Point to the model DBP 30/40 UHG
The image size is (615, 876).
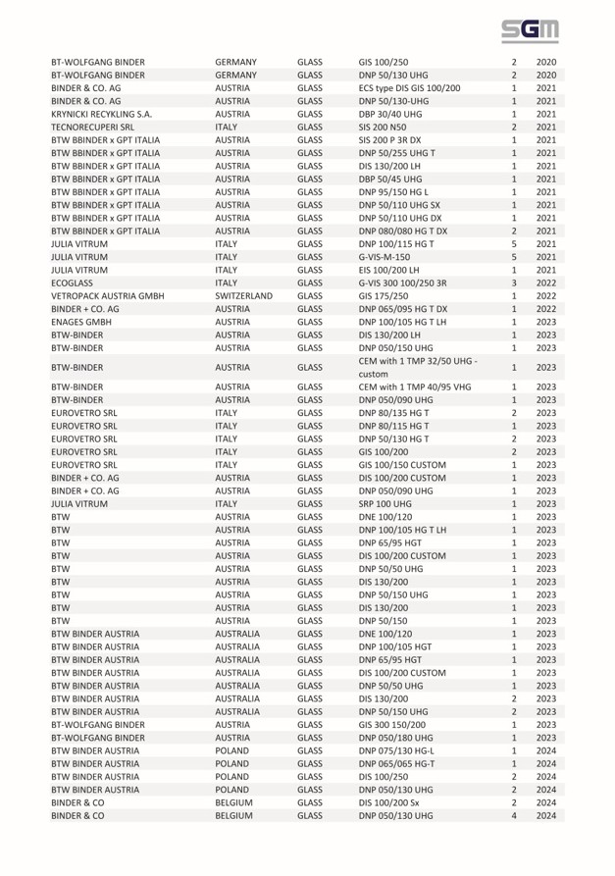click(x=396, y=115)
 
